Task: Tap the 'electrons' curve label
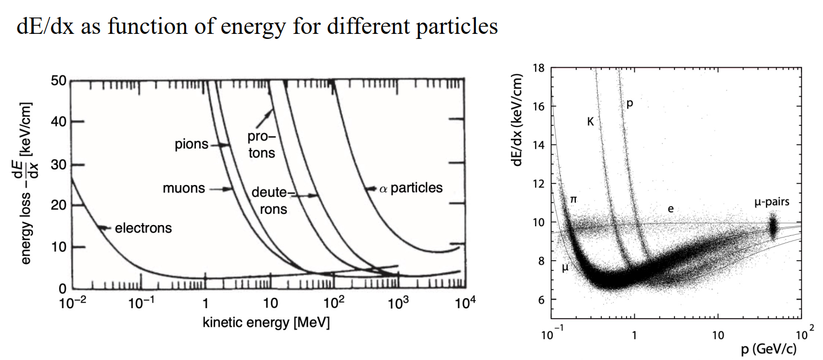coord(143,229)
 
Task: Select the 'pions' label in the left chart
coord(192,145)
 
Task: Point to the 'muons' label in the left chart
coord(184,188)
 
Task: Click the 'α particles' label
coord(410,188)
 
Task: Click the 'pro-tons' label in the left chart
coord(261,145)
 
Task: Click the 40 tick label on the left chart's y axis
coord(59,122)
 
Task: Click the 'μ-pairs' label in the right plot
coord(772,202)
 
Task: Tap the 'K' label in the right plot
coord(590,121)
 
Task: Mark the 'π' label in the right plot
coord(574,199)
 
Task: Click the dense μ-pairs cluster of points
coord(773,227)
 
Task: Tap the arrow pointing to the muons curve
coord(222,189)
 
